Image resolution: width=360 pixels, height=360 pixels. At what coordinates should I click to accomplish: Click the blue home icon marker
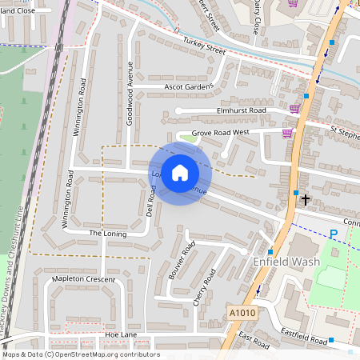pos(180,173)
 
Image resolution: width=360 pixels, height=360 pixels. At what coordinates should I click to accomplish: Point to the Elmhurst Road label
pos(241,110)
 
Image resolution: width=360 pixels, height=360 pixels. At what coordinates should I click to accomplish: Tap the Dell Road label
pos(149,204)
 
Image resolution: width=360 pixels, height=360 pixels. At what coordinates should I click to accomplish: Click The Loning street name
pos(108,233)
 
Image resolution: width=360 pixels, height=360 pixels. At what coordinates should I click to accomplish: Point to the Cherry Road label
pos(205,286)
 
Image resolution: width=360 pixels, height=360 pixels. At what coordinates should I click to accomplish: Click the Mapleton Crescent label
pos(84,278)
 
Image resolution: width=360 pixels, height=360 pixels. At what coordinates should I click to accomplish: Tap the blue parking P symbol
pos(334,234)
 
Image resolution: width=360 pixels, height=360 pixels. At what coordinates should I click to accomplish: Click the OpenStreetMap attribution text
pos(80,354)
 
